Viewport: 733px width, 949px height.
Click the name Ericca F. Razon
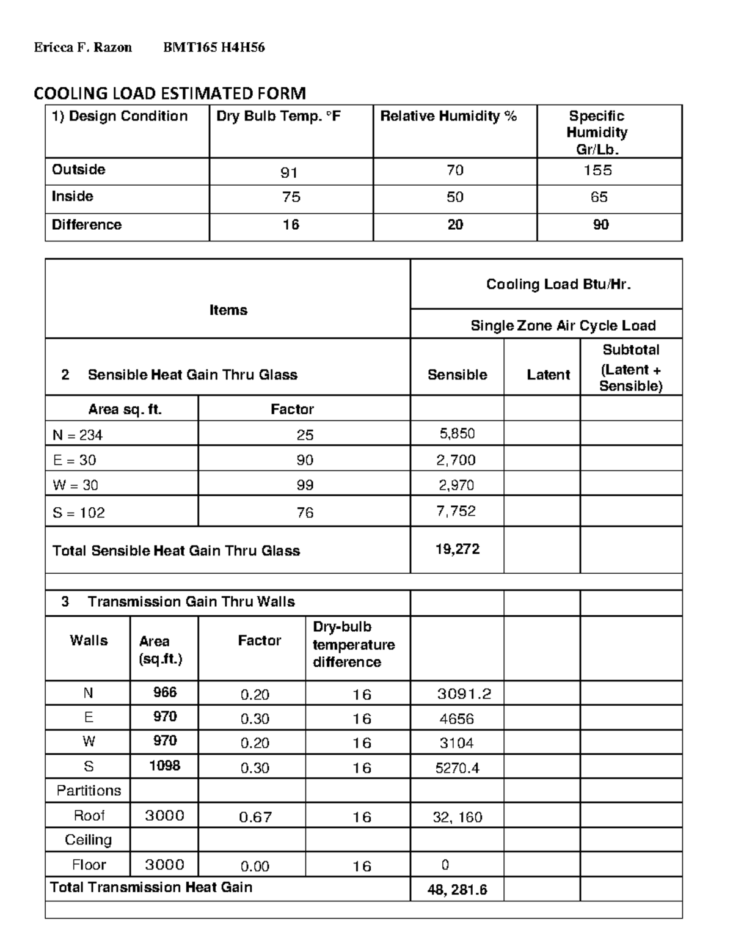82,48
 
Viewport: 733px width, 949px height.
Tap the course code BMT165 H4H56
214,48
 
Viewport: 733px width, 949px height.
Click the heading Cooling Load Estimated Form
169,93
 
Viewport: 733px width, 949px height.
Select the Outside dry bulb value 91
289,173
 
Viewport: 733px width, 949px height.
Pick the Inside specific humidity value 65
599,197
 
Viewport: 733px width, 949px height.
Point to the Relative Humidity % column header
448,116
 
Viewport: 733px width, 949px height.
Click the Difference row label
87,225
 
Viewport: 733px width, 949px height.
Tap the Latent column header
548,375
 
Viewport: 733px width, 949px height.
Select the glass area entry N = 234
78,435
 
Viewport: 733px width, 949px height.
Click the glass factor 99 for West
304,485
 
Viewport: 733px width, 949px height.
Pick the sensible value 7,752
456,511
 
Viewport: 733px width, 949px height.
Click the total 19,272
457,549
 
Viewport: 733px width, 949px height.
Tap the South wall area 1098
164,766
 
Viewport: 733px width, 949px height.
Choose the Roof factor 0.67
255,817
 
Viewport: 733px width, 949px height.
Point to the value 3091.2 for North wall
464,694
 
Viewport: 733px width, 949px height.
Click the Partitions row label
89,791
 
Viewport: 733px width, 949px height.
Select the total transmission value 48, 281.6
457,890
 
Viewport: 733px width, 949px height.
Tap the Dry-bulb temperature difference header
353,645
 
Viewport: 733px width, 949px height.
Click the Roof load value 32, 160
457,817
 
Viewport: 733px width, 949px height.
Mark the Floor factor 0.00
255,867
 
